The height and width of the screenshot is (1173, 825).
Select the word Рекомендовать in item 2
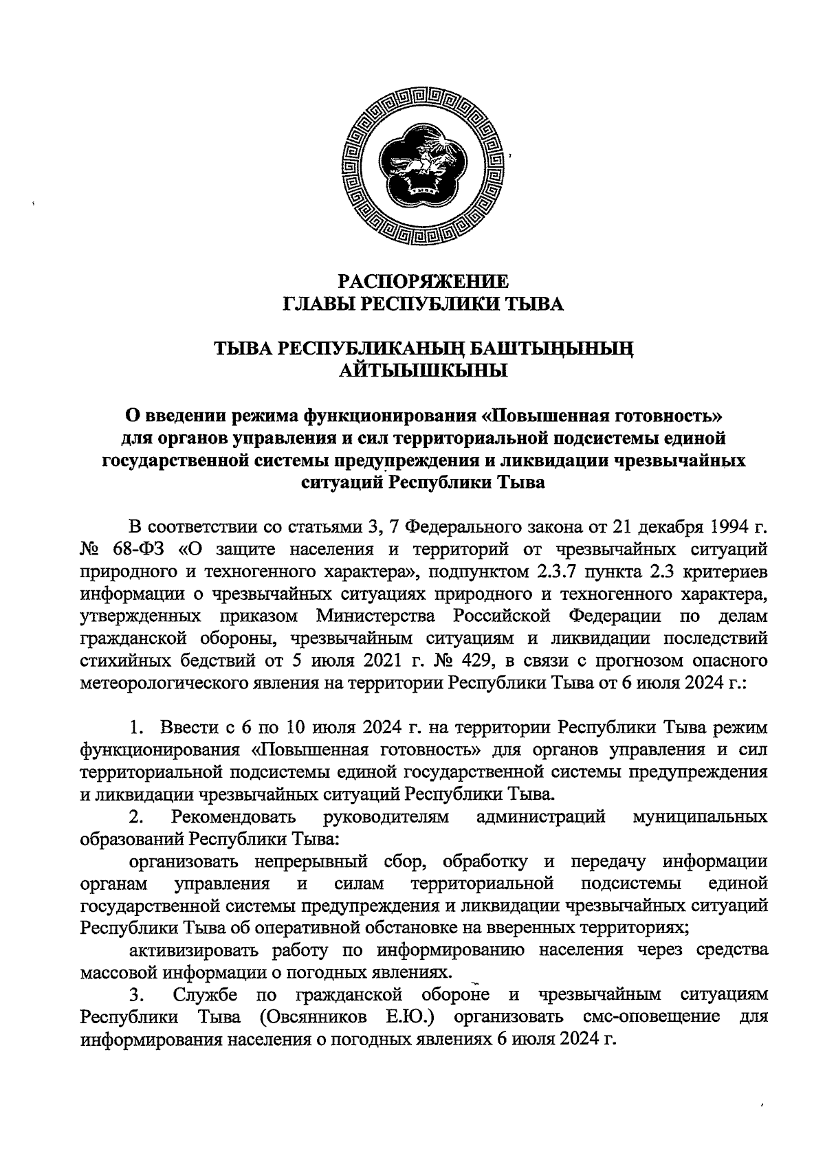pyautogui.click(x=234, y=817)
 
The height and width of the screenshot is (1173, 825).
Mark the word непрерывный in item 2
pyautogui.click(x=303, y=861)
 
